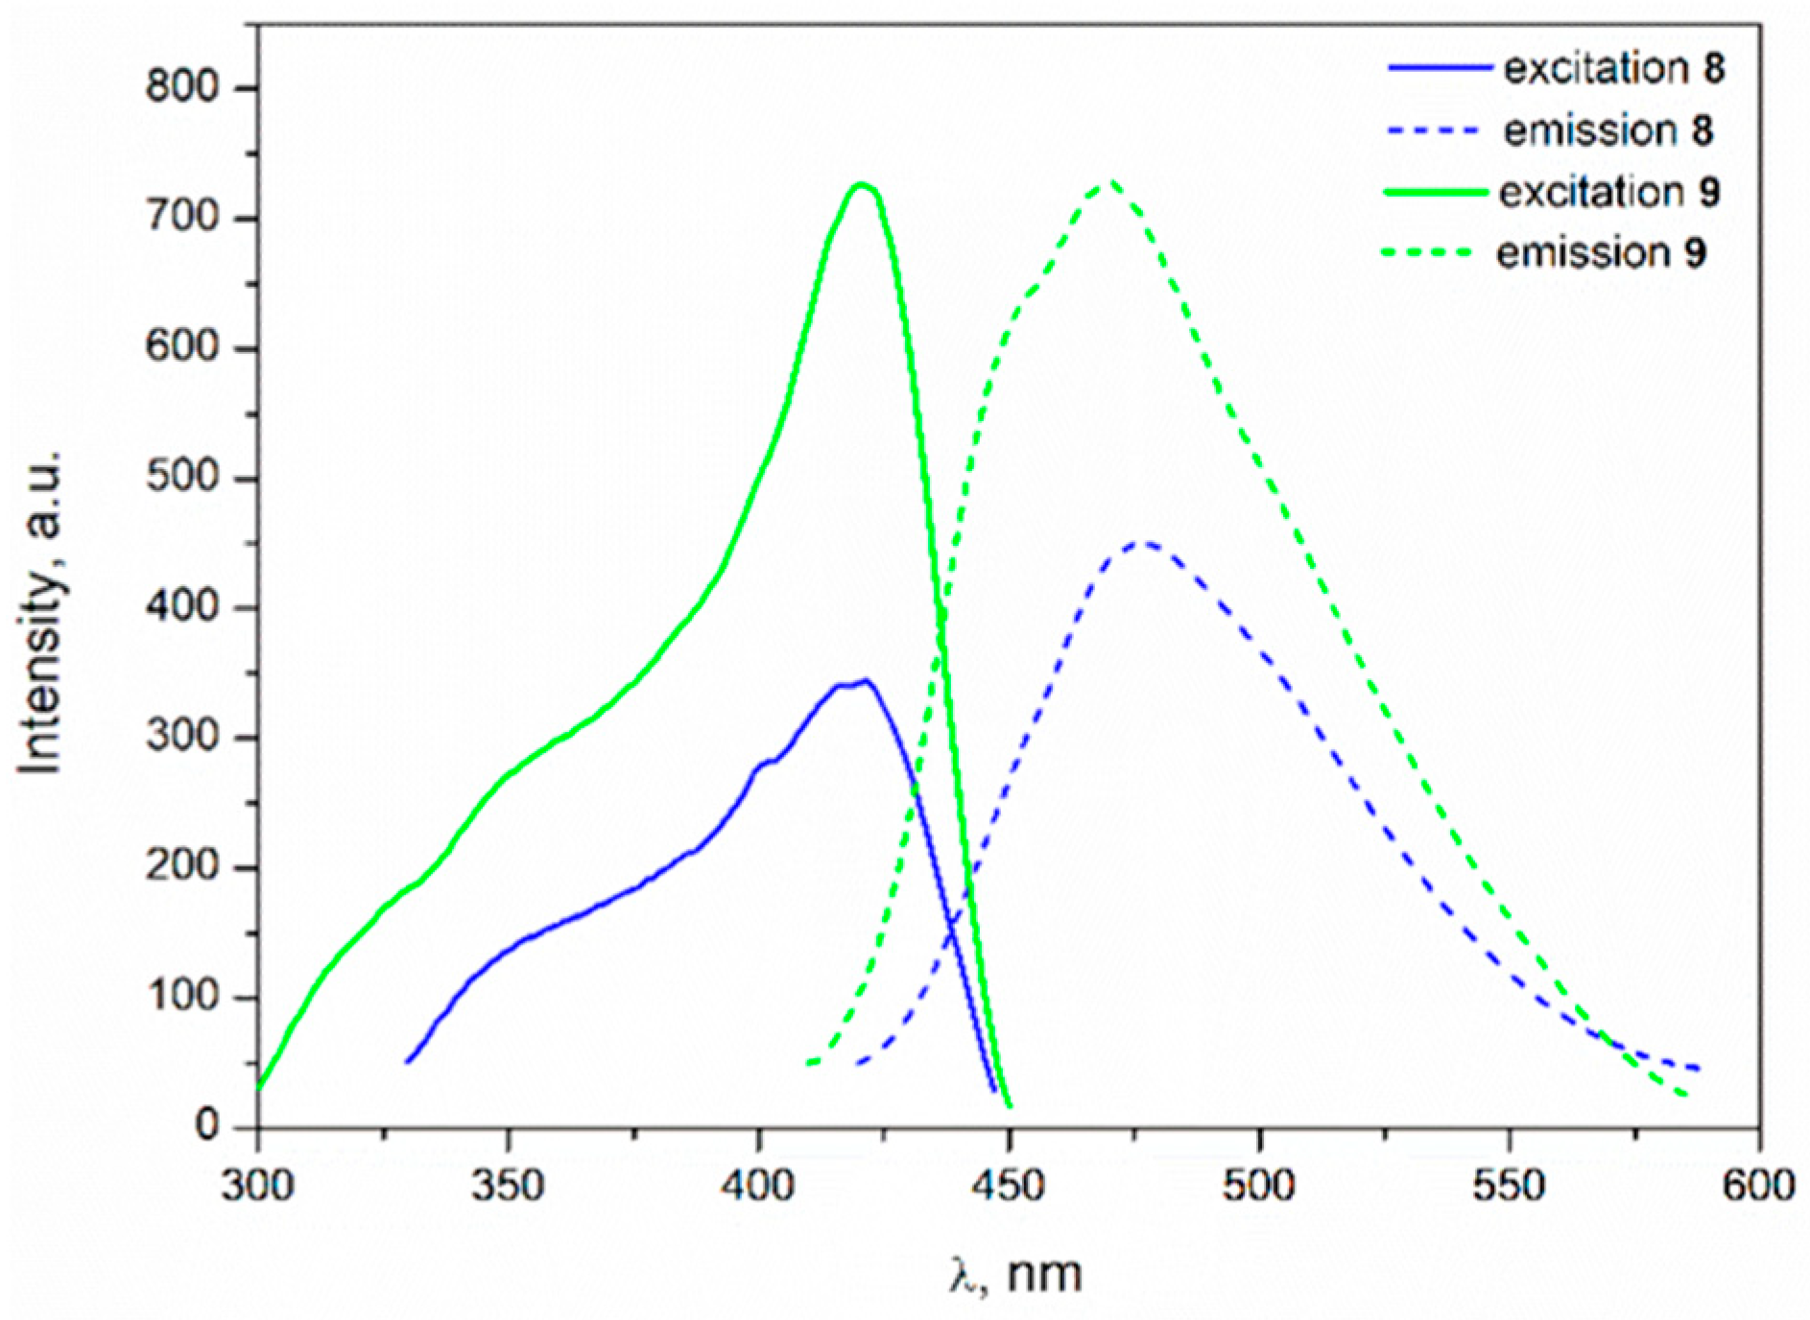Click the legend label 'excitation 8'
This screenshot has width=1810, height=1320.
tap(1613, 68)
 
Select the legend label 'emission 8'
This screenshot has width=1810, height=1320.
tap(1608, 130)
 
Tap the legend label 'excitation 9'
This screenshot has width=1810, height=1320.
tap(1609, 192)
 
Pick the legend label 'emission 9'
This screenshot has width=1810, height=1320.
tap(1601, 253)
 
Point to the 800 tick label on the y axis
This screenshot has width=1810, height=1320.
tap(182, 87)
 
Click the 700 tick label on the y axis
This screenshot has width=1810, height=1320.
tap(182, 218)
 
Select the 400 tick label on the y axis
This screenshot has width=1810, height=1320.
tap(182, 607)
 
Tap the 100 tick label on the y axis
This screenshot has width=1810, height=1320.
tap(182, 997)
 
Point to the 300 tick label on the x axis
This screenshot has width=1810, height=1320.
tap(257, 1186)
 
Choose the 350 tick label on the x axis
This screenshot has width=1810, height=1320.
tap(508, 1186)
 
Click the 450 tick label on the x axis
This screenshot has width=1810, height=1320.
tap(1008, 1186)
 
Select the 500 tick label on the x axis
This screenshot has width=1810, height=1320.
tap(1258, 1186)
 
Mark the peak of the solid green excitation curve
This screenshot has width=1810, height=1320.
tap(861, 184)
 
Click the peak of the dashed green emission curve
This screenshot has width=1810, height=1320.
tap(1111, 181)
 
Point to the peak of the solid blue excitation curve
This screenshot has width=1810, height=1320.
tap(867, 681)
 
